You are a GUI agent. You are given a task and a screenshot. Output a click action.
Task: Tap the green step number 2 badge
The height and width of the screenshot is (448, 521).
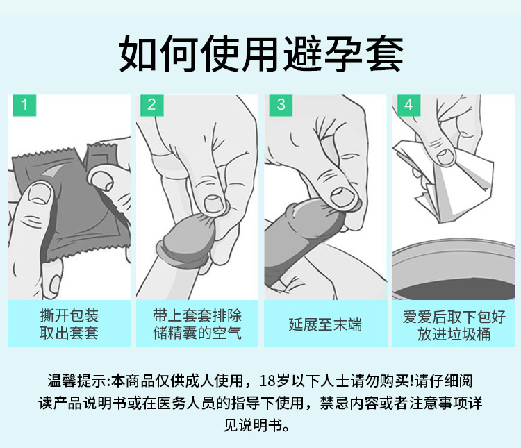point(151,106)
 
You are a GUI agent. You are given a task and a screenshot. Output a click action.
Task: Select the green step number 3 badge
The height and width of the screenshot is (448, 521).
point(280,106)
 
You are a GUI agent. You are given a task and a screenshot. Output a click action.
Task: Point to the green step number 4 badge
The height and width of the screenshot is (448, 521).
point(408,106)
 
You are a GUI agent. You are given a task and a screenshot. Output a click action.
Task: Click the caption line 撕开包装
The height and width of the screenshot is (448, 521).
point(69,316)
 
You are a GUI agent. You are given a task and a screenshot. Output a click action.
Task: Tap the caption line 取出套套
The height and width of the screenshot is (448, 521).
point(69,333)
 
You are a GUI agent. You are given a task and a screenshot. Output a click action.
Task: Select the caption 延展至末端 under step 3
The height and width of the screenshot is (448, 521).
point(325,324)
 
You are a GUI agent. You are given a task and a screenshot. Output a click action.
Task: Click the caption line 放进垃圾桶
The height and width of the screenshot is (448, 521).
point(454,333)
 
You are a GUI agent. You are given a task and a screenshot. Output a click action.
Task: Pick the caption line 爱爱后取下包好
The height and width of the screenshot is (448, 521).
point(454,316)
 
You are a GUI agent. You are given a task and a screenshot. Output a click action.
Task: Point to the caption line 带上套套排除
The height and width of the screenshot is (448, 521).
point(197,316)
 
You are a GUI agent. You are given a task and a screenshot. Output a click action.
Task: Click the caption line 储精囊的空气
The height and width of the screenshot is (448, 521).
point(197,333)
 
